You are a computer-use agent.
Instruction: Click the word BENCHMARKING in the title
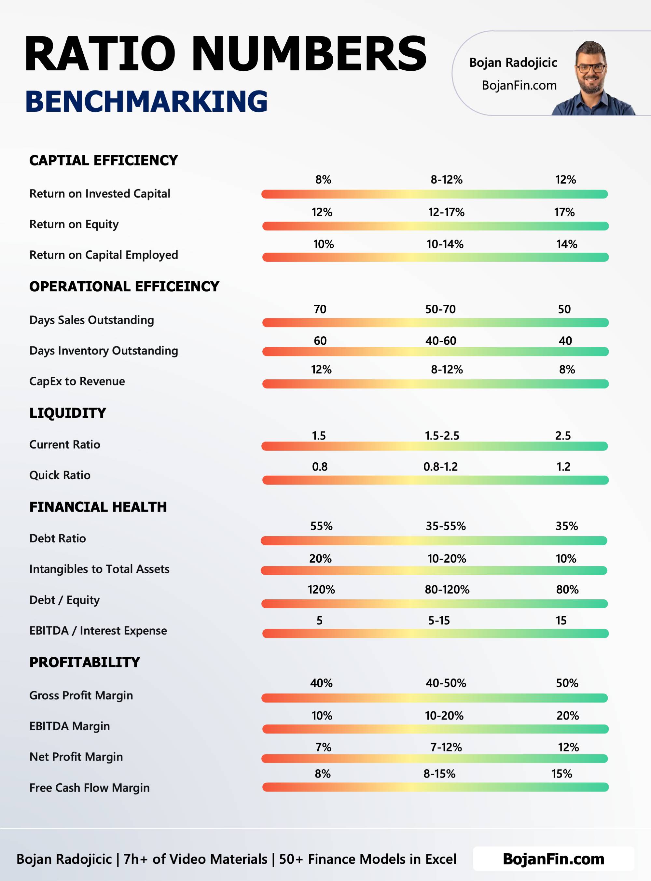click(146, 101)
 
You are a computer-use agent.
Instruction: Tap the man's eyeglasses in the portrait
click(590, 68)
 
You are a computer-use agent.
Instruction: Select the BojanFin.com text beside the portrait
click(519, 86)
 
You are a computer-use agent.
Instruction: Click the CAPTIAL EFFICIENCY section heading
click(103, 161)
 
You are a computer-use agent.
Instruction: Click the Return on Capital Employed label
click(104, 255)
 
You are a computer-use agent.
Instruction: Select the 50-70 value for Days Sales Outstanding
click(440, 309)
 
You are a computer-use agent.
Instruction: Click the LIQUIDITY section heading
click(68, 413)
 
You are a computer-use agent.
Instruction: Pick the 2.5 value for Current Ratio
click(563, 436)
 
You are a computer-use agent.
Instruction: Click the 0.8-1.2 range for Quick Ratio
click(440, 467)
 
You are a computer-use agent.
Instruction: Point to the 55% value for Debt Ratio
click(321, 526)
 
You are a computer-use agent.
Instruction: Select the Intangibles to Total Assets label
click(99, 569)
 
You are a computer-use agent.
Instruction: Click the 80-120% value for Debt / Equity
click(447, 590)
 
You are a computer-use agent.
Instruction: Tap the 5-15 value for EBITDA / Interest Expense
click(438, 621)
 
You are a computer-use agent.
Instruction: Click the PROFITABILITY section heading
click(85, 662)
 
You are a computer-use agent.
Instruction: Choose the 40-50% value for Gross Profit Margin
click(446, 683)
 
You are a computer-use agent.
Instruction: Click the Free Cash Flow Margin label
click(90, 788)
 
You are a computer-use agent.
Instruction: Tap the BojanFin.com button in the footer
click(553, 859)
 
